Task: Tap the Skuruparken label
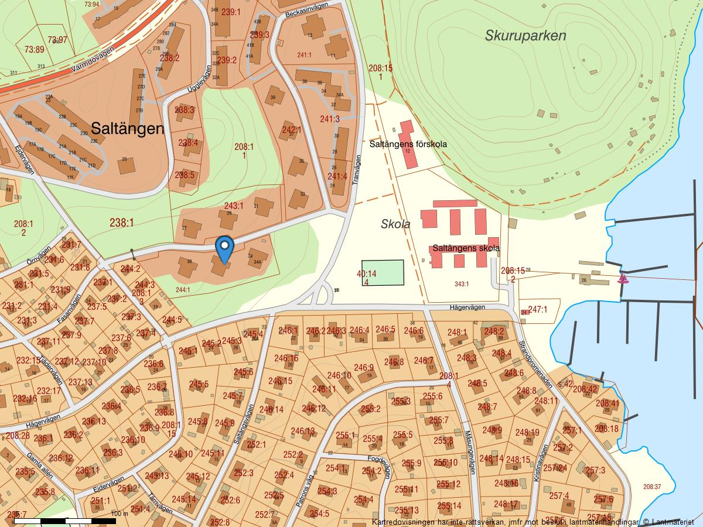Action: (x=525, y=36)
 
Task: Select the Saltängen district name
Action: (x=127, y=128)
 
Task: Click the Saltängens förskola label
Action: (x=408, y=143)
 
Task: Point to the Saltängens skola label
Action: (x=466, y=248)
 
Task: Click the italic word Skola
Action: (x=395, y=224)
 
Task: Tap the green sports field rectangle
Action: (x=383, y=273)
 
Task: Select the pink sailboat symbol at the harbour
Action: (x=623, y=278)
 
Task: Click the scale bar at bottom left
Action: (x=64, y=520)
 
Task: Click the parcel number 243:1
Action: (x=233, y=206)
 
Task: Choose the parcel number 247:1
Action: (x=537, y=309)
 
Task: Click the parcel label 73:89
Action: (x=34, y=50)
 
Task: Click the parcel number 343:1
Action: (x=462, y=284)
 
